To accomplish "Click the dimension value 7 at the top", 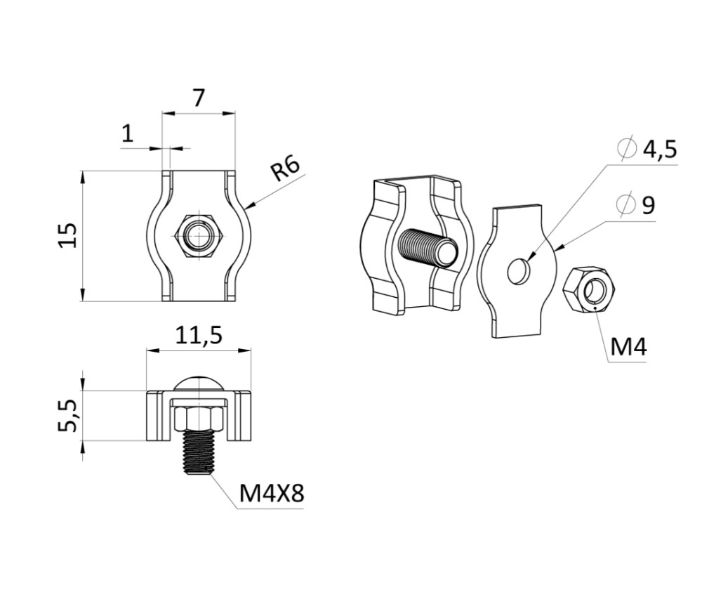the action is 199,98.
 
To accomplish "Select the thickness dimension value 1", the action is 128,133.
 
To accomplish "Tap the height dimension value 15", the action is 67,235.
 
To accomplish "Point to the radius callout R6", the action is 285,169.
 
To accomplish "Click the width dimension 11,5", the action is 199,335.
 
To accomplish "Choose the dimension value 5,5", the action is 69,416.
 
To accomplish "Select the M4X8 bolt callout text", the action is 271,493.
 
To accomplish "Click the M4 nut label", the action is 628,347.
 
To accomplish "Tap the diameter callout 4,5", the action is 660,149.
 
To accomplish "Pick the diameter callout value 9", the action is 649,205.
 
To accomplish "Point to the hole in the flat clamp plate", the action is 517,271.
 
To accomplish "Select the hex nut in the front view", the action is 199,235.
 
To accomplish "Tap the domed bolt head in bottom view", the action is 199,384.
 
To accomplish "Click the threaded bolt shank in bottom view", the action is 199,452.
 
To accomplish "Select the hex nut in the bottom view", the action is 199,419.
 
